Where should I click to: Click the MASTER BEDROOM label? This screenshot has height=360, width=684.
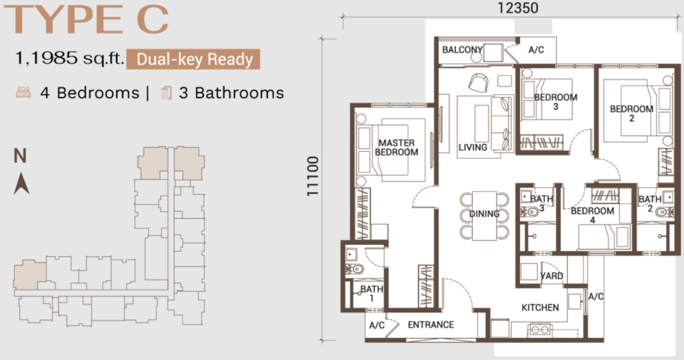click(x=396, y=148)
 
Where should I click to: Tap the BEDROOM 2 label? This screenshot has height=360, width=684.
click(x=632, y=113)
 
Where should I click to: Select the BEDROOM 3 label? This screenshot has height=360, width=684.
click(x=556, y=102)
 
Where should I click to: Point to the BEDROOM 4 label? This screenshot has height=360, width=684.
click(x=593, y=215)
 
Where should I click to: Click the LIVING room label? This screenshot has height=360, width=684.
click(x=473, y=148)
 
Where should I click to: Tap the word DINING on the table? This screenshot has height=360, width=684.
click(x=485, y=214)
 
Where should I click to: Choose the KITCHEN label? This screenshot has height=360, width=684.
click(x=540, y=308)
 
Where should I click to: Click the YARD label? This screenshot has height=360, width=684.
click(x=551, y=275)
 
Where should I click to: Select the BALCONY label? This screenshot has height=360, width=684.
click(x=462, y=49)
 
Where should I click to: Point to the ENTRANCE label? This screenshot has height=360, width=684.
click(x=431, y=325)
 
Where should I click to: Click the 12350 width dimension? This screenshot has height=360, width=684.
click(x=518, y=8)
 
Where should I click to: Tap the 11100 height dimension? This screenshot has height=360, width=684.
click(x=313, y=176)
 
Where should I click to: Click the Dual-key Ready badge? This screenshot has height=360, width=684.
click(x=193, y=59)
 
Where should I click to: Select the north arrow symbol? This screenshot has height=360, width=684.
click(x=22, y=183)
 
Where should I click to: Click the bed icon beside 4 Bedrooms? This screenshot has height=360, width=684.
click(x=24, y=93)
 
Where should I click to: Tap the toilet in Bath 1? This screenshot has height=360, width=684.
click(x=354, y=269)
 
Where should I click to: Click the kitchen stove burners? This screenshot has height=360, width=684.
click(x=540, y=330)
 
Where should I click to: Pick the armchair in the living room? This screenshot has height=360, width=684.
click(x=478, y=82)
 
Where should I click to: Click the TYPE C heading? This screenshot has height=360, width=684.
click(x=87, y=20)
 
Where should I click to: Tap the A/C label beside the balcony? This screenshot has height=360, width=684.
click(x=536, y=50)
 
